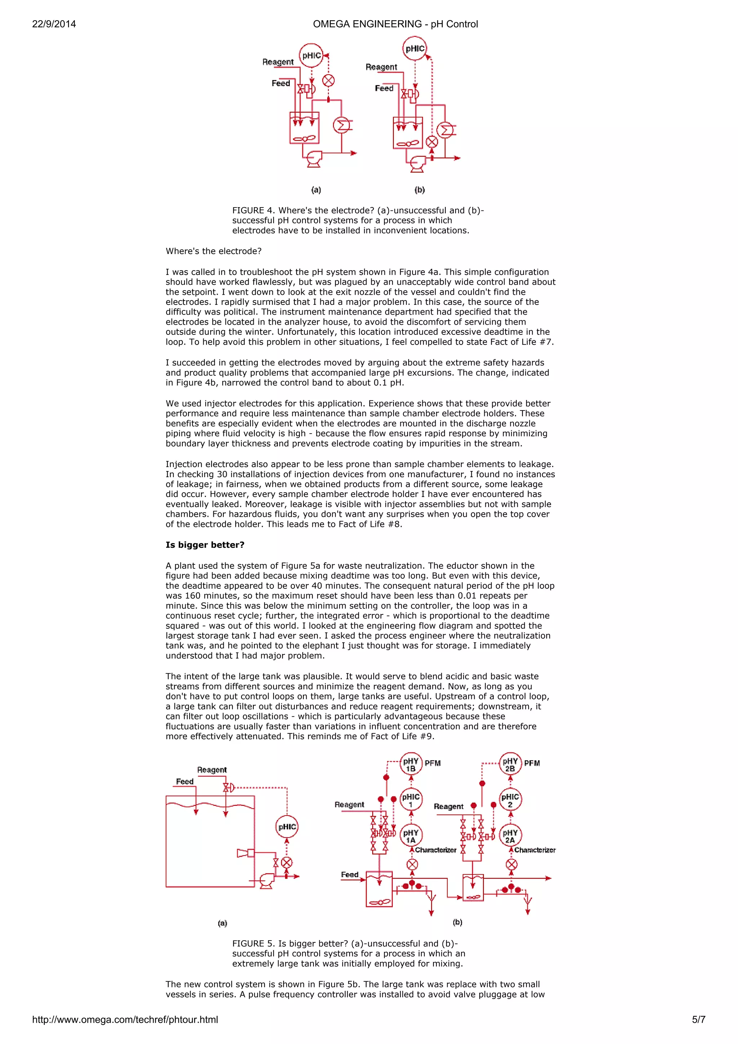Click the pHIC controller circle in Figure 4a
311,55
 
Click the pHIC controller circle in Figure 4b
415,49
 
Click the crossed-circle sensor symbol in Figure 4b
432,142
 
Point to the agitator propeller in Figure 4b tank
408,144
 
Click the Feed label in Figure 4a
281,83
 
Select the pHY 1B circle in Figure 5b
410,764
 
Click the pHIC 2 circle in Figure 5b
510,800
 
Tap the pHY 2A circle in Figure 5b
510,836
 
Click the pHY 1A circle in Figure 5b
410,836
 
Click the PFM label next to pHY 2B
532,763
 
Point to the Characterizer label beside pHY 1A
436,850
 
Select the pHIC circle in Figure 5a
287,827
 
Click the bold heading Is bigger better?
205,545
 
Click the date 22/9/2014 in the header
54,24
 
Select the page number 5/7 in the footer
698,1019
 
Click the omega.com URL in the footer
125,1019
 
